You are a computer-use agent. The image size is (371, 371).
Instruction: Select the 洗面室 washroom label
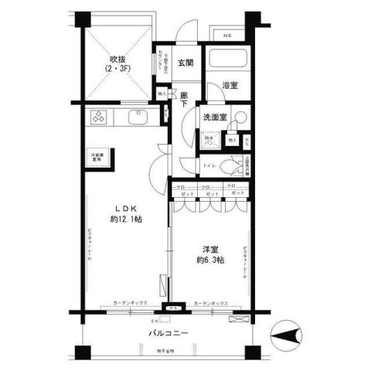(x=215, y=117)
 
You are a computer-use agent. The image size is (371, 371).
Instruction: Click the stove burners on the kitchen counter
(x=100, y=118)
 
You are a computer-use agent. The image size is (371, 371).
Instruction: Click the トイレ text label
(x=206, y=165)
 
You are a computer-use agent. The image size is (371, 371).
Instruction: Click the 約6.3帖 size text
(x=209, y=260)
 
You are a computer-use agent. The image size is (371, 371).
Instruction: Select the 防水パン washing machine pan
(x=210, y=141)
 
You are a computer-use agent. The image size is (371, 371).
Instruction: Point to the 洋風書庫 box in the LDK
(x=97, y=157)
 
